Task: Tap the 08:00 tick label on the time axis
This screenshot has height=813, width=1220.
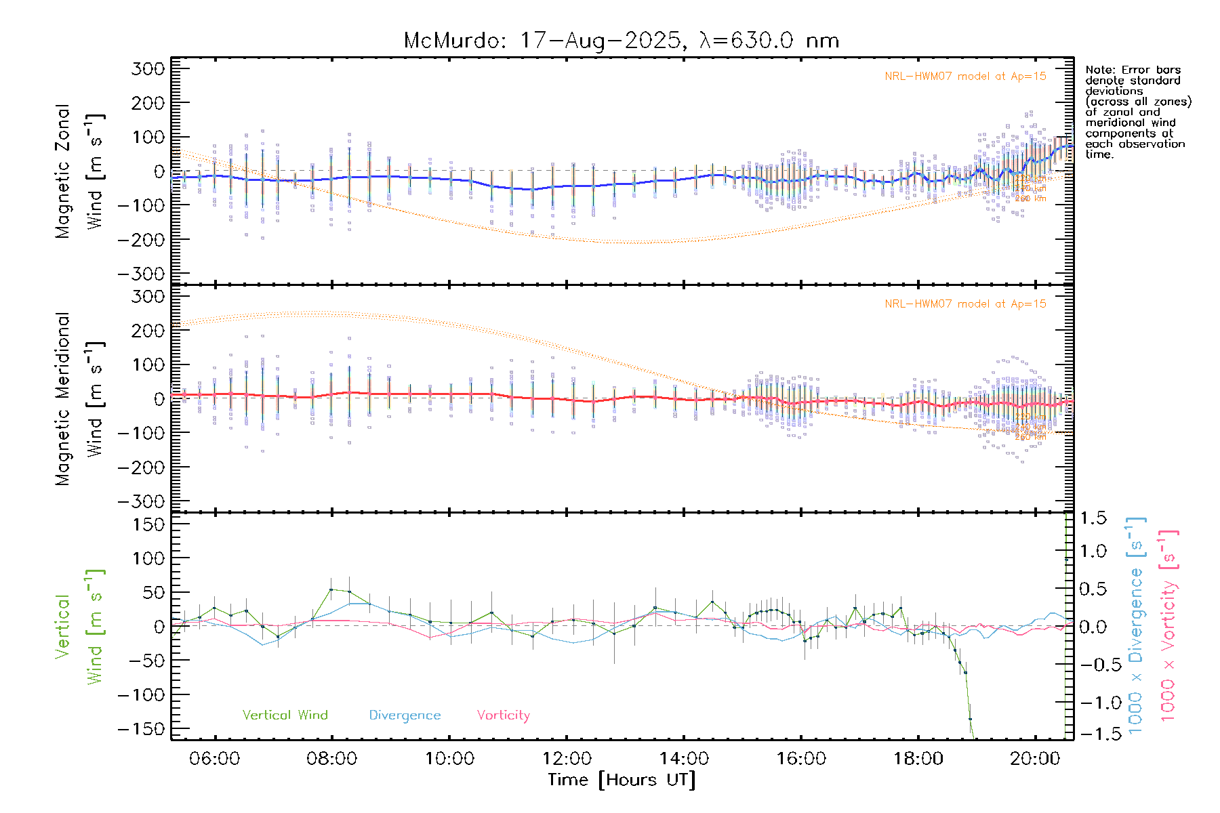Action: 331,759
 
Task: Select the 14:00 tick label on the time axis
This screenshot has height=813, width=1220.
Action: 684,759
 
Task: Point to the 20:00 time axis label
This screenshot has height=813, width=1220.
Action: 1035,759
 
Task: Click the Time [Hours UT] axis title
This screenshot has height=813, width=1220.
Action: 622,780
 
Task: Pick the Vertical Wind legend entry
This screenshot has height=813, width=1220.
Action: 285,715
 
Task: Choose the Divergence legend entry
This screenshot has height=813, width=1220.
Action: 405,715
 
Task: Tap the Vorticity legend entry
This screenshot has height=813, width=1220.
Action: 503,715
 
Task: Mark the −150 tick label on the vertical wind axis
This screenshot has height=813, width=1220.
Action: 141,729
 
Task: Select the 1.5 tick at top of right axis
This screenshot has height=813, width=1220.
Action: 1093,518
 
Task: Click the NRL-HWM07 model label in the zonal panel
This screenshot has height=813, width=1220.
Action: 965,77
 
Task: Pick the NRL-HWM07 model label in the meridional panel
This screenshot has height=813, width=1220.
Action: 965,304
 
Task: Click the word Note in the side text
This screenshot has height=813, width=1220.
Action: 1098,70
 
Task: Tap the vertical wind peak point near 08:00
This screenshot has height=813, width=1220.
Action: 331,589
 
